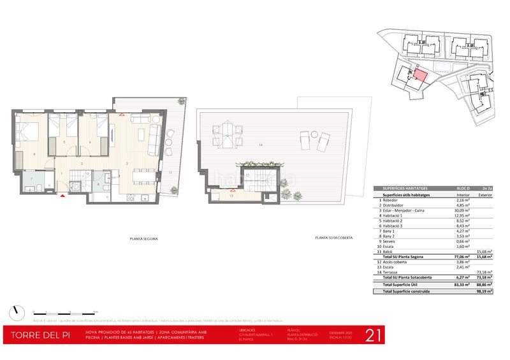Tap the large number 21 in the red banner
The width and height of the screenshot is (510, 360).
point(373,335)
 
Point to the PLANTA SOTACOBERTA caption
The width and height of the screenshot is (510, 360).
point(334,238)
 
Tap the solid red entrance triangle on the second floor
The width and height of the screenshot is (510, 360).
point(62,196)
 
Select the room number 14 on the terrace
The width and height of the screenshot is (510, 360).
point(261,146)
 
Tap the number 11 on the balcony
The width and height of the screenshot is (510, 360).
point(170,173)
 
